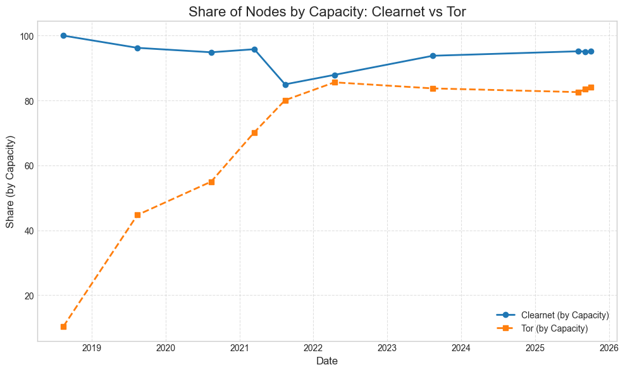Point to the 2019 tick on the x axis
tap(92, 347)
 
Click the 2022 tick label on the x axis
tap(313, 347)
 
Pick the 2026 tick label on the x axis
tap(609, 347)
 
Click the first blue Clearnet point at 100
tap(63, 35)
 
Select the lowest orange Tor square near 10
tap(63, 327)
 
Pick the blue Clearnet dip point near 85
tap(285, 85)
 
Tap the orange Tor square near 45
tap(137, 215)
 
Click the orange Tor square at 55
tap(211, 182)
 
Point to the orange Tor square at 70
tap(254, 133)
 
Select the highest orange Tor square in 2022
tap(335, 82)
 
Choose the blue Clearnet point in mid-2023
tap(433, 56)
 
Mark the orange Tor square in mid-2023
tap(433, 88)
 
